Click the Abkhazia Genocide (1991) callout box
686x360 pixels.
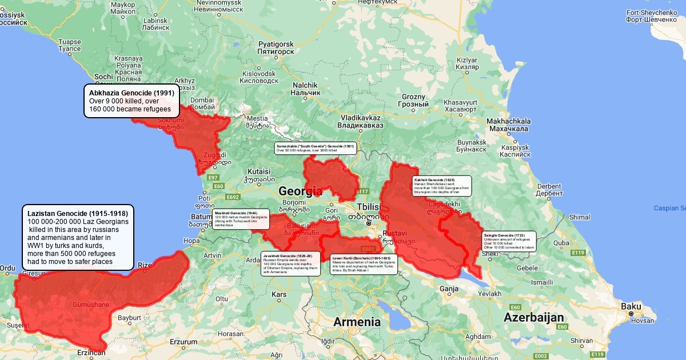(132, 101)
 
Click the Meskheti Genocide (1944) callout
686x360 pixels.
(240, 219)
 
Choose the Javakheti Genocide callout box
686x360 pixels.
(289, 263)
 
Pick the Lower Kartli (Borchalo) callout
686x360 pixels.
(364, 264)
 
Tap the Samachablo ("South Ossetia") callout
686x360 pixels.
(316, 148)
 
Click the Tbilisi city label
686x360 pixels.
(368, 207)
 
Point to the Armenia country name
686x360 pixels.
(357, 322)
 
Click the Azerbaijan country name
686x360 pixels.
(533, 318)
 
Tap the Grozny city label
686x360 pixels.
(413, 101)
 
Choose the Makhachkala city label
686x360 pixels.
(508, 125)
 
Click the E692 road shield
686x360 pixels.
(232, 197)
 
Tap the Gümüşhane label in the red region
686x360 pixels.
(91, 305)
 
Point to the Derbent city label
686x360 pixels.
(549, 189)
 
